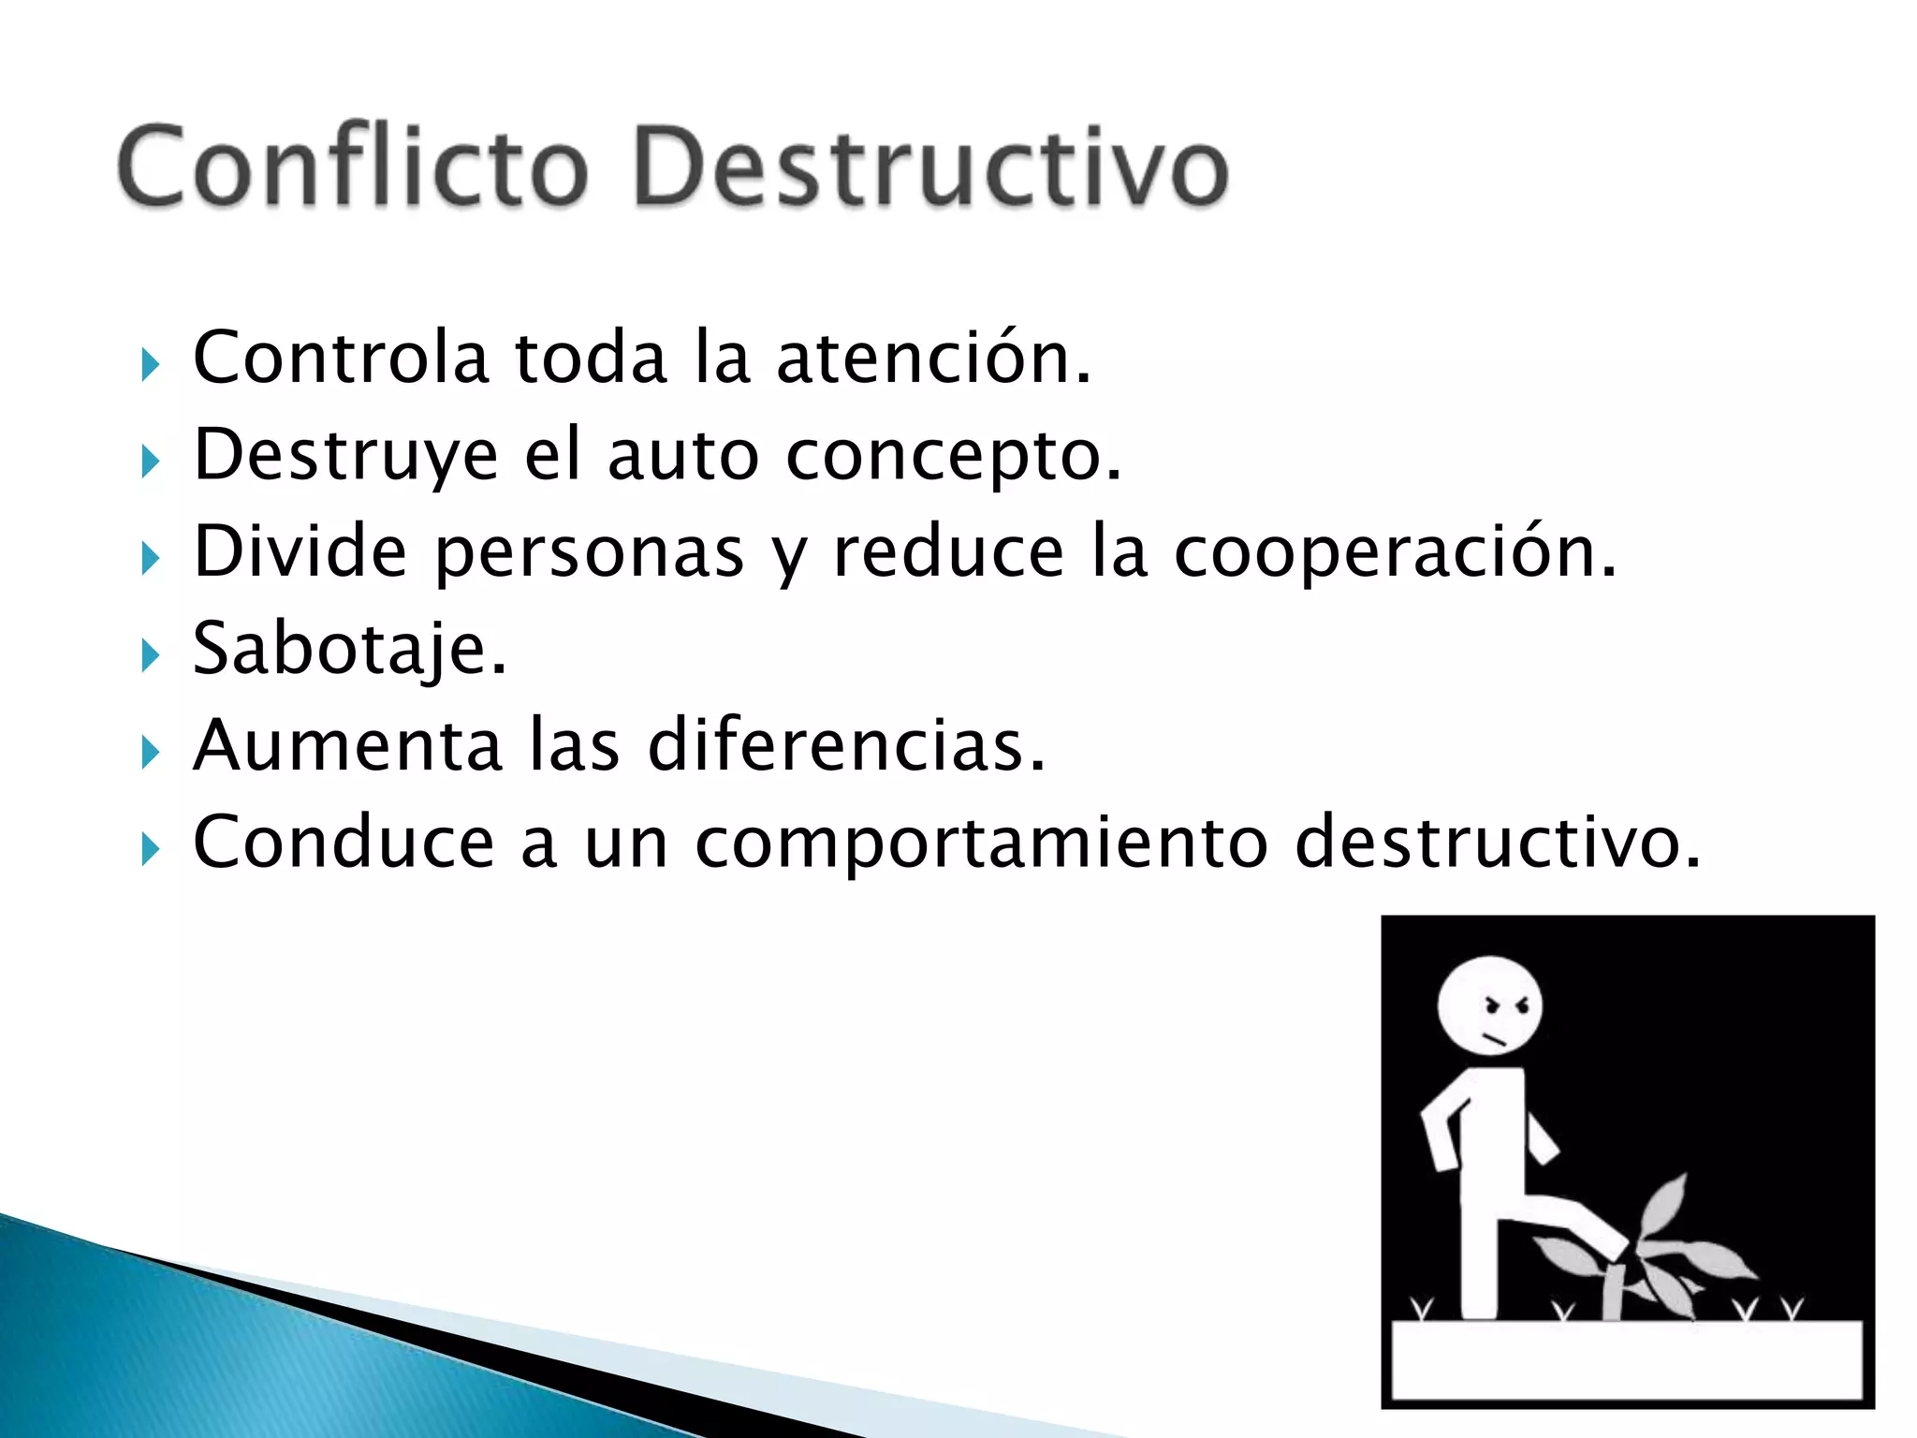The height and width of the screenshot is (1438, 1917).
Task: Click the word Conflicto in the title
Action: click(353, 167)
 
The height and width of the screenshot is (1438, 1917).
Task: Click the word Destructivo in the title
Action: click(930, 167)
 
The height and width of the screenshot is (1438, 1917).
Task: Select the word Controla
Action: click(341, 358)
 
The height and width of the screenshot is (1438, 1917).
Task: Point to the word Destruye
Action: click(345, 456)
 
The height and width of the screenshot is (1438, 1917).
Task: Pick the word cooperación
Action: click(1395, 552)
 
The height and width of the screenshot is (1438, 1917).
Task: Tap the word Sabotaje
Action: click(349, 649)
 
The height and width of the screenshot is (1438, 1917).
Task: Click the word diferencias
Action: click(846, 745)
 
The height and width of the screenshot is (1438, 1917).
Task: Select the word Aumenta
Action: click(347, 745)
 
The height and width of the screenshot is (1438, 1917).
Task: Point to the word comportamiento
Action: click(980, 843)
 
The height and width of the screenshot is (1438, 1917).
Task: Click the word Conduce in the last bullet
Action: click(343, 843)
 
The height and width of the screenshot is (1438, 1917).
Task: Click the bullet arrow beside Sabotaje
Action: click(150, 655)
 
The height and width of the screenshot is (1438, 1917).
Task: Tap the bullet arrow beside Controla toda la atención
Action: click(150, 364)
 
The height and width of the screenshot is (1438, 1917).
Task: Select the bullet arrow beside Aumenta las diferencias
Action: click(150, 752)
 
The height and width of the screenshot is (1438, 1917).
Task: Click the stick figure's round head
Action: click(1489, 1006)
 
